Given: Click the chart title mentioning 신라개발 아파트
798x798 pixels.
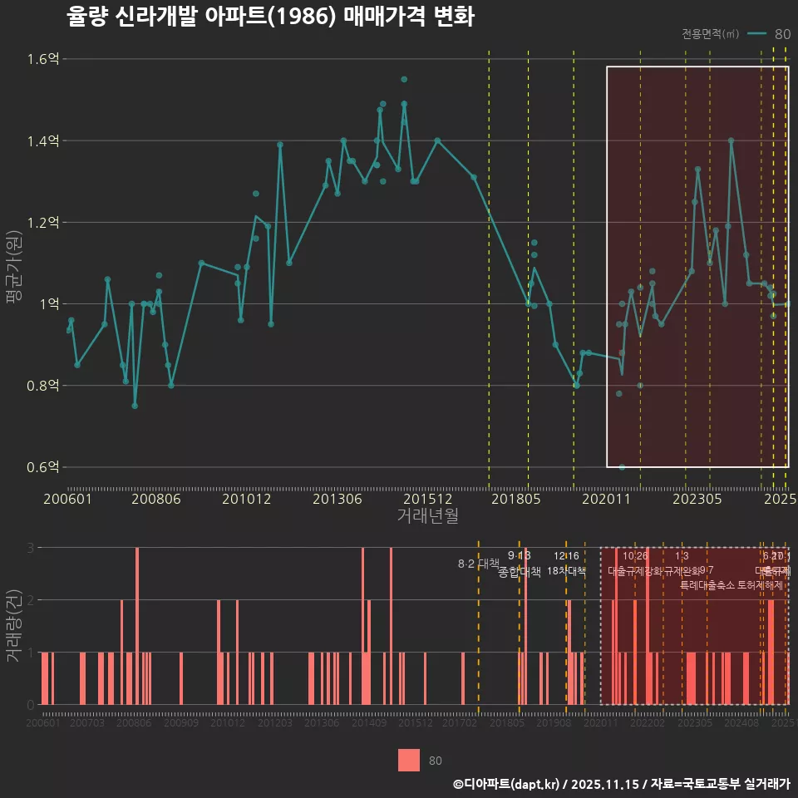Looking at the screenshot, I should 270,17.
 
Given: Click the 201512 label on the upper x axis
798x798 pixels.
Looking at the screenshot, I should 428,499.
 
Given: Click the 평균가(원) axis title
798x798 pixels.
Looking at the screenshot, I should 14,264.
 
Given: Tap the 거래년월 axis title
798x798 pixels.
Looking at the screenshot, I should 427,516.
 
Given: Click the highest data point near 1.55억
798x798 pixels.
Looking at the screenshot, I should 404,79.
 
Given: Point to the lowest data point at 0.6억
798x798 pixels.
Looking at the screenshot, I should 622,467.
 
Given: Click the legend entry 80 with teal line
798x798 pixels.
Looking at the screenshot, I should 770,34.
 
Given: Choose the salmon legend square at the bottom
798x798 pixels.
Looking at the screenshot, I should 409,760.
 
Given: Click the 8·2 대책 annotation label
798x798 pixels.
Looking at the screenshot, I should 478,564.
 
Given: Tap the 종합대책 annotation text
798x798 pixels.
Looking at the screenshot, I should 519,572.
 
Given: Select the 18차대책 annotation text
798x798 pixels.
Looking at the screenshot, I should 566,571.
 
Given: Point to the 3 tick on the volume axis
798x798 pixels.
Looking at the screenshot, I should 31,548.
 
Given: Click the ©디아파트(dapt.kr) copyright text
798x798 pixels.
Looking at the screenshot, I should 506,783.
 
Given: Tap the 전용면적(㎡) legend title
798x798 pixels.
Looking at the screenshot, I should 710,34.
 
